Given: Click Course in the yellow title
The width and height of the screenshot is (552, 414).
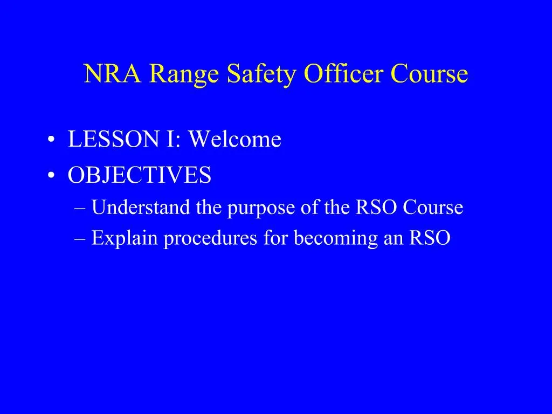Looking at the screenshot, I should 430,74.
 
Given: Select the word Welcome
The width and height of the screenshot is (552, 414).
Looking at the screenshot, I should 234,140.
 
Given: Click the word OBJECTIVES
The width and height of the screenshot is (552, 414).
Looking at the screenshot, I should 139,175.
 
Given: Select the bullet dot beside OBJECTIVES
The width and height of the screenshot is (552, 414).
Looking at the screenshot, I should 50,176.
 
